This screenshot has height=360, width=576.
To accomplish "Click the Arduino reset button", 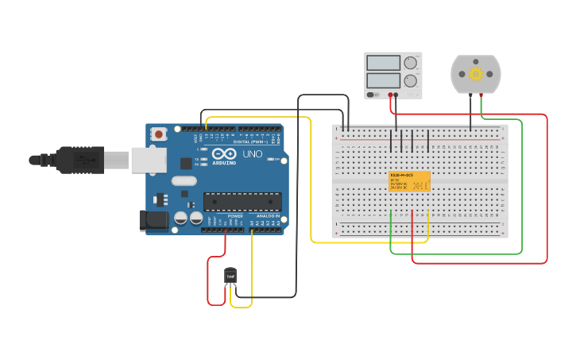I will [159, 134].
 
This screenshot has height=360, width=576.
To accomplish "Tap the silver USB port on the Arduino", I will [148, 160].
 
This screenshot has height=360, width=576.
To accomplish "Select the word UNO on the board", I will [252, 153].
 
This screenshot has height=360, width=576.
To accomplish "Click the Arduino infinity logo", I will [224, 153].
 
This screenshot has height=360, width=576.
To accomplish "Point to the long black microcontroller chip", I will [242, 202].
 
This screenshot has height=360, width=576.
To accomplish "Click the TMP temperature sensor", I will [230, 275].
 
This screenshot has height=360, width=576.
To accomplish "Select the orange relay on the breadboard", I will [410, 181].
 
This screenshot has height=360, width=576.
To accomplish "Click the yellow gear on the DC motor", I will [476, 74].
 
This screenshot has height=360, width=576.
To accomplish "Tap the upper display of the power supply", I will [384, 63].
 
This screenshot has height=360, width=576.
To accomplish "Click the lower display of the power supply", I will [384, 80].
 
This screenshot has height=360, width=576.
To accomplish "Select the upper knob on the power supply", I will [410, 63].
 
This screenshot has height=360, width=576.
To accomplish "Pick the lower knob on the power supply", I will [410, 80].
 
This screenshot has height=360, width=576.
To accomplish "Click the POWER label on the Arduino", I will [235, 215].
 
